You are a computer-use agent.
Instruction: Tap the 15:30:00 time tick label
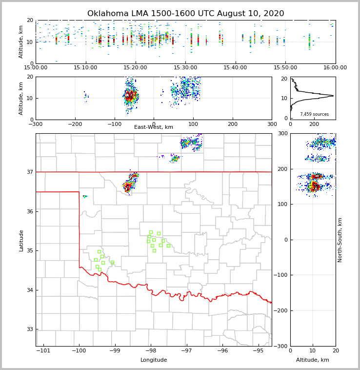(x=185, y=68)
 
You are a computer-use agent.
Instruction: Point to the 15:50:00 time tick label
(x=285, y=68)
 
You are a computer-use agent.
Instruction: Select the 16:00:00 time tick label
(x=335, y=68)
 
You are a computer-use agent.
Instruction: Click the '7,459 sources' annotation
(x=314, y=114)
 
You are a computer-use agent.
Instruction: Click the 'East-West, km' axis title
(x=154, y=127)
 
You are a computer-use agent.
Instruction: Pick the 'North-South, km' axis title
(x=340, y=240)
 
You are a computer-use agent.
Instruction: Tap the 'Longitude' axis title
(x=154, y=360)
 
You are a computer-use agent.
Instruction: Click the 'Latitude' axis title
(x=21, y=240)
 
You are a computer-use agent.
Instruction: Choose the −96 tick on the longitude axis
(x=222, y=350)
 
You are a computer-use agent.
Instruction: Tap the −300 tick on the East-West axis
(x=36, y=124)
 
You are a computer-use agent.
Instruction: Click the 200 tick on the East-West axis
(x=233, y=124)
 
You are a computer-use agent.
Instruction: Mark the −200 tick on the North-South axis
(x=281, y=310)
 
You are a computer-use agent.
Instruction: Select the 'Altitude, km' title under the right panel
(x=313, y=360)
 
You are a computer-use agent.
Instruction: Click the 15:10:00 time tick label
(x=86, y=68)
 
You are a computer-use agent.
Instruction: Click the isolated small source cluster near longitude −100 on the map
(x=85, y=196)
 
